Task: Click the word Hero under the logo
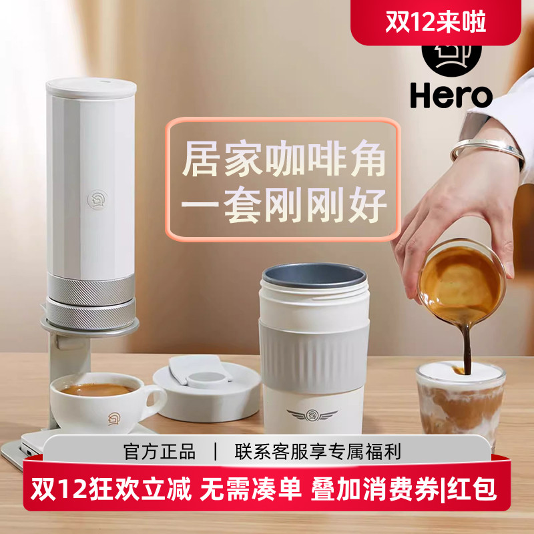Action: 451,95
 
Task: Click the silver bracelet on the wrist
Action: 487,151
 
